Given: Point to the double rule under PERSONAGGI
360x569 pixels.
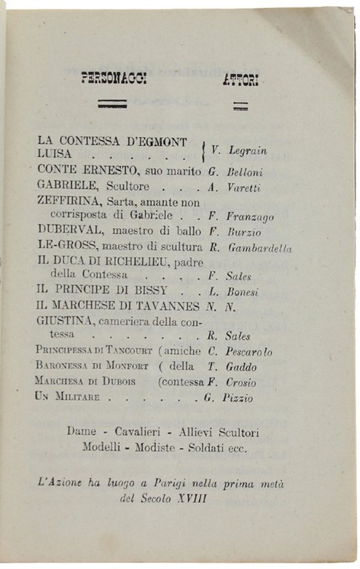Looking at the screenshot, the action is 112,105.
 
